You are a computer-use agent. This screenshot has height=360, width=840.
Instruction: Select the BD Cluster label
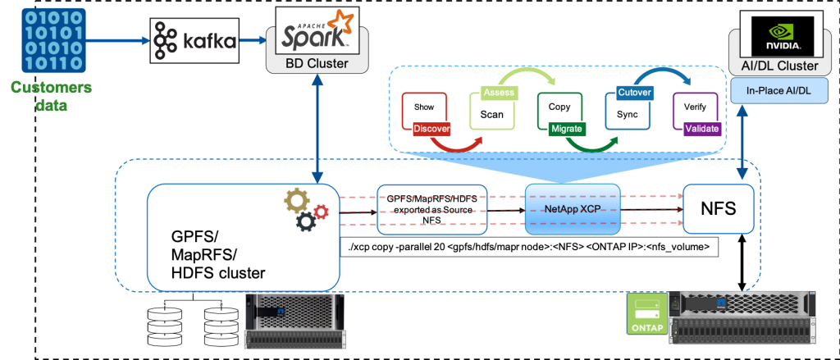pos(316,62)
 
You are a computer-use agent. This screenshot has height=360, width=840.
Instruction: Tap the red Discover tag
pos(431,129)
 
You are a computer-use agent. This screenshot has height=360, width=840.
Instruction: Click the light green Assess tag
pos(498,93)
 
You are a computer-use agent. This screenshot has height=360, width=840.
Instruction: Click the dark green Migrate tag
pos(567,129)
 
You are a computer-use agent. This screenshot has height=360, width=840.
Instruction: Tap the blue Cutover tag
pos(634,93)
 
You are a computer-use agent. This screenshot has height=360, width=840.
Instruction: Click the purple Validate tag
pos(702,129)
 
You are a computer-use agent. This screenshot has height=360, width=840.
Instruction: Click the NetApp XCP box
pos(572,209)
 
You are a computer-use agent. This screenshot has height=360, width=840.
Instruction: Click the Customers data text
pos(52,96)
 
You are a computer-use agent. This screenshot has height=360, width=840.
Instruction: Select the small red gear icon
pos(321,212)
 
